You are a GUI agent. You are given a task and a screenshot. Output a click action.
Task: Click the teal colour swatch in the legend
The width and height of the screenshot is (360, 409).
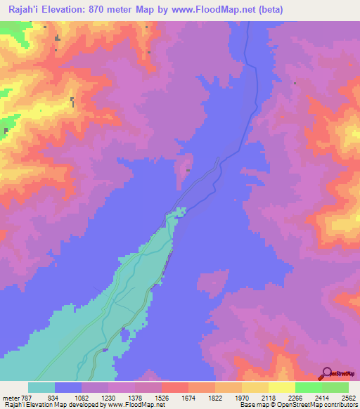click(x=41, y=387)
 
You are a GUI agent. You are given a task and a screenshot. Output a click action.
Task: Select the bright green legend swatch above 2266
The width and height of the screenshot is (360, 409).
click(x=308, y=387)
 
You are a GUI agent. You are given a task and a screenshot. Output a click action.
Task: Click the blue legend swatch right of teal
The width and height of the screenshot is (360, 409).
click(x=68, y=387)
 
